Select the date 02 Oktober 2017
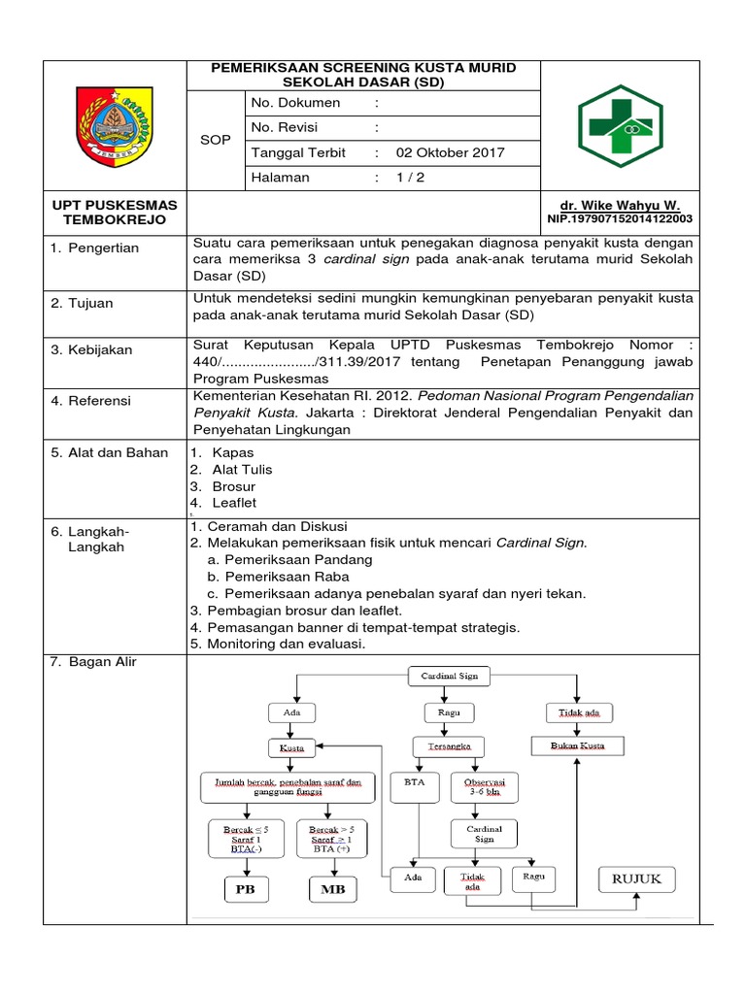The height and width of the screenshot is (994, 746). click(450, 153)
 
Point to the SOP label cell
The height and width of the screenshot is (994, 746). click(215, 140)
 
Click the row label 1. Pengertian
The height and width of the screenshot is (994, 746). click(95, 248)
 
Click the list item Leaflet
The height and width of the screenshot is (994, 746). click(234, 503)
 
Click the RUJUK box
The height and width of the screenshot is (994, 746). click(635, 879)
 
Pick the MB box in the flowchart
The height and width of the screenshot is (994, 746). click(332, 889)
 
